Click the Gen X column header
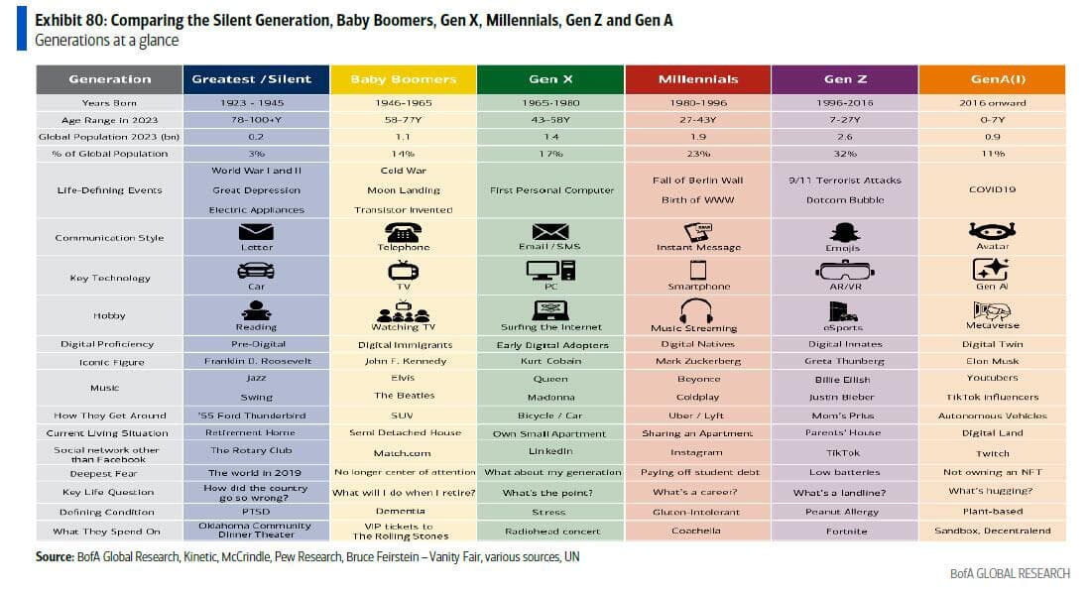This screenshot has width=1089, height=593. point(549,79)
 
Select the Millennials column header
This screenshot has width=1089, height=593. point(697,79)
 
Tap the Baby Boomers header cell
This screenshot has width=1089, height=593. point(403,79)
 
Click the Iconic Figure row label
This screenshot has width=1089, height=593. point(109,361)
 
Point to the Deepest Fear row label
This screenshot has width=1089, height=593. point(109,473)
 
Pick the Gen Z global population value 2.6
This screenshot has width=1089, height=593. point(844,136)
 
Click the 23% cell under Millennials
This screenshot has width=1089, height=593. point(697,154)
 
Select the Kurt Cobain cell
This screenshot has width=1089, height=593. point(549,361)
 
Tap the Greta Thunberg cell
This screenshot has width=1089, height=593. point(844,361)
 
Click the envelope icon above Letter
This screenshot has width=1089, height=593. point(256,232)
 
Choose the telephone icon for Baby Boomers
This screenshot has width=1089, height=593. point(403,232)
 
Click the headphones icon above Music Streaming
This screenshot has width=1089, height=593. point(695,310)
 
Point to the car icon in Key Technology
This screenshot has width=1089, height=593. point(256,270)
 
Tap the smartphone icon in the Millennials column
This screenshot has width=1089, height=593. point(697,270)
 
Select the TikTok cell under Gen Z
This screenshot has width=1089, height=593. point(844,452)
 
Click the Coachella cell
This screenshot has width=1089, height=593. point(697,532)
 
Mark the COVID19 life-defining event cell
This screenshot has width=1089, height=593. point(992,189)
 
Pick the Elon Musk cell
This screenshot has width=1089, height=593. point(992,361)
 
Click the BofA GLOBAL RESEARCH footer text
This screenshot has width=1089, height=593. point(1009,574)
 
